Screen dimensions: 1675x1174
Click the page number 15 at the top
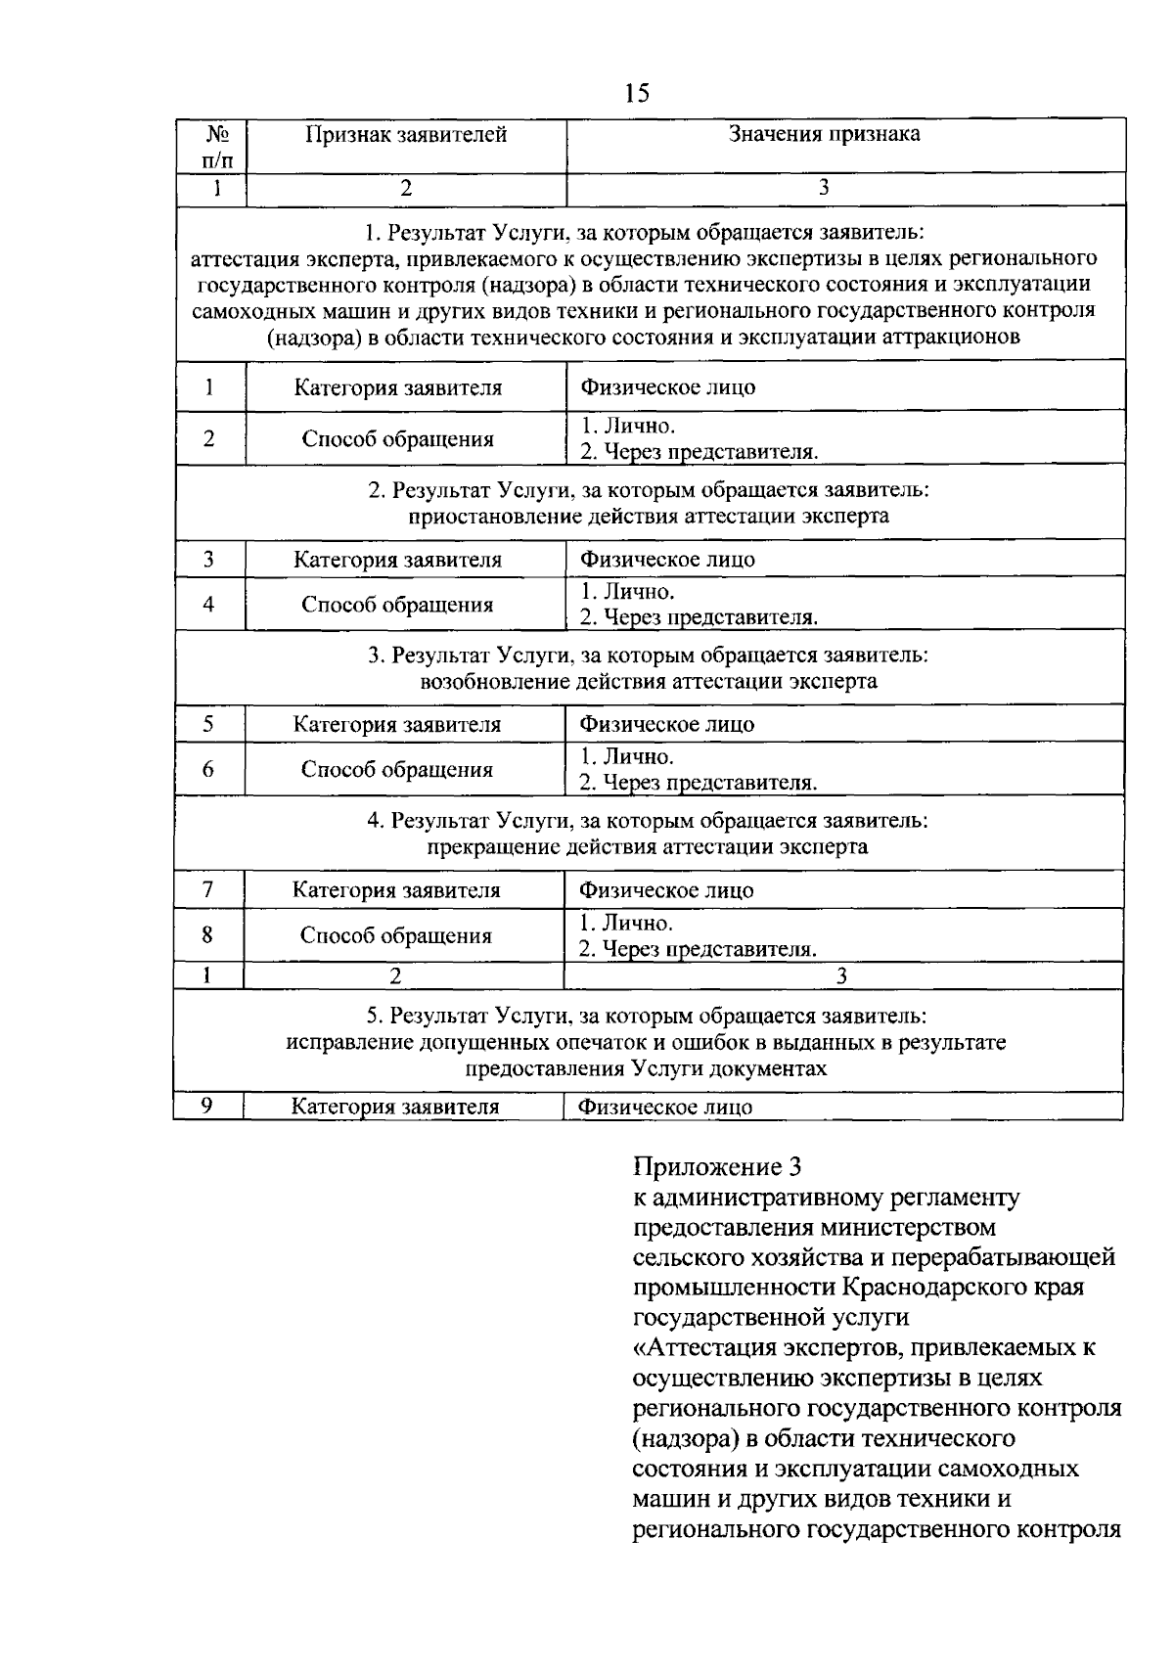pos(636,94)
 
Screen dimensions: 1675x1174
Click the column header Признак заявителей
pos(406,135)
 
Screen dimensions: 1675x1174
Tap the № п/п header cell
pos(210,146)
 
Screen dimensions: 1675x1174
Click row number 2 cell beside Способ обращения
pos(209,438)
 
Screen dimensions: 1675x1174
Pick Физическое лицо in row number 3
pos(667,560)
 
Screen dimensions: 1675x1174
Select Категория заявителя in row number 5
pos(396,725)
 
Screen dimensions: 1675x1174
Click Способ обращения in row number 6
pos(396,770)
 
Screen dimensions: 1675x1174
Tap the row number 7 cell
pos(208,890)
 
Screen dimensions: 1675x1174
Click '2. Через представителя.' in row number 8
pos(698,949)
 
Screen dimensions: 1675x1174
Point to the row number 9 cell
pos(207,1106)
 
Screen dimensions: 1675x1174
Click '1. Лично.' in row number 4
pos(627,592)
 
